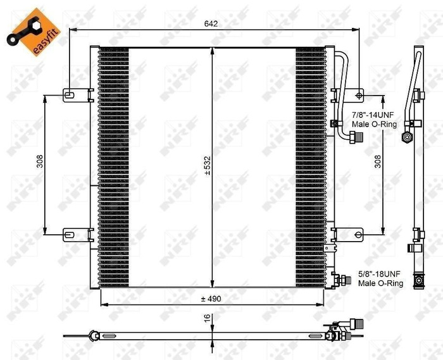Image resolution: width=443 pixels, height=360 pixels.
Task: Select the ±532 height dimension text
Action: pos(207,166)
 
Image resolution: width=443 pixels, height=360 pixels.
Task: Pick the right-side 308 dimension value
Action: pos(377,161)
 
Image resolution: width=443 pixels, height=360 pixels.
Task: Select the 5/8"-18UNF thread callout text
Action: pos(380,275)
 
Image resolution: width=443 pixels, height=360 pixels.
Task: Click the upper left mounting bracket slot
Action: pos(70,96)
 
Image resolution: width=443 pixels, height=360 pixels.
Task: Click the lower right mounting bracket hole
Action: pos(359,236)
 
